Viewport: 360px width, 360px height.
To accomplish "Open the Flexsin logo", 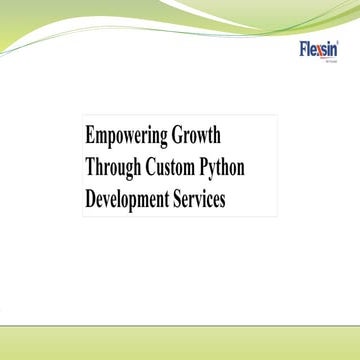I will pyautogui.click(x=319, y=49).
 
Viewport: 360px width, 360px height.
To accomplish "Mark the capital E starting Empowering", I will pyautogui.click(x=89, y=135).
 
